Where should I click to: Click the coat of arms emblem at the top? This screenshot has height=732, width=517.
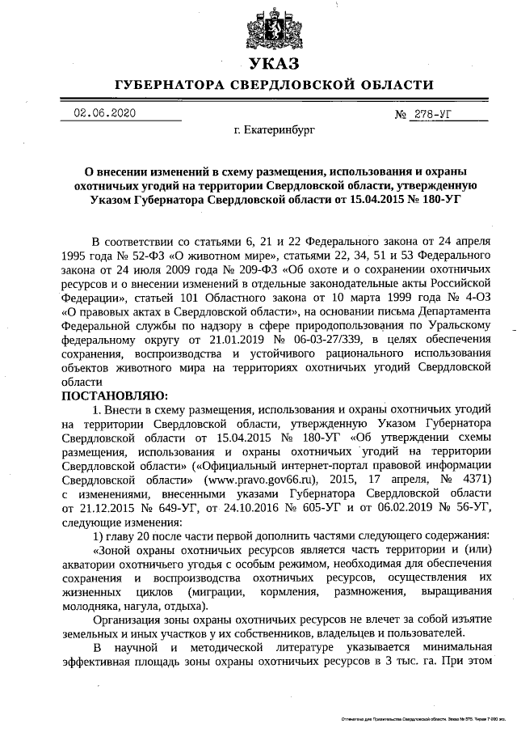point(272,23)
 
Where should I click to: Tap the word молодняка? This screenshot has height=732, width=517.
point(91,606)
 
